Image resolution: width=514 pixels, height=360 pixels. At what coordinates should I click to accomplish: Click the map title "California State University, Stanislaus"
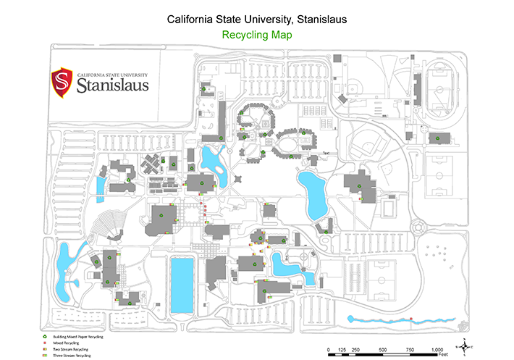pyautogui.click(x=256, y=20)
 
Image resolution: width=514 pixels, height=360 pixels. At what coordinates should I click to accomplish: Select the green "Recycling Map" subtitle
pyautogui.click(x=256, y=34)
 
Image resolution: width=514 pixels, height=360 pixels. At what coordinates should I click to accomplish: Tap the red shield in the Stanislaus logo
pyautogui.click(x=61, y=82)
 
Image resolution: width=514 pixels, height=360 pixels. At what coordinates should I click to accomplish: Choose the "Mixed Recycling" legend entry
pyautogui.click(x=69, y=343)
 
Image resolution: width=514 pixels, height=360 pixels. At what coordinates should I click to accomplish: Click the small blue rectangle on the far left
pyautogui.click(x=99, y=186)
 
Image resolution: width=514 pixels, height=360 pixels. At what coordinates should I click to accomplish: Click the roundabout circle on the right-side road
pyautogui.click(x=420, y=227)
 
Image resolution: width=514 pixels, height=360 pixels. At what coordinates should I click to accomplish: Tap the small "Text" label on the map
pyautogui.click(x=326, y=153)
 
